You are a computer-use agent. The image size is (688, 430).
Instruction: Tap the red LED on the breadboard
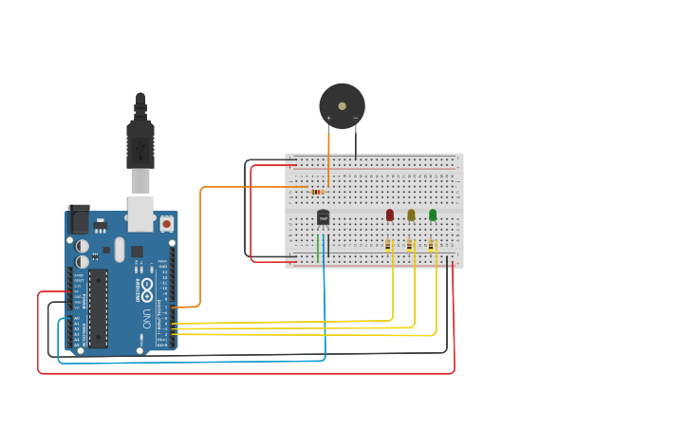point(390,215)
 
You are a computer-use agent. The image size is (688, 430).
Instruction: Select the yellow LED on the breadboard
point(411,215)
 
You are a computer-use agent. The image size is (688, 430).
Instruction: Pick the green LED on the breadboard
point(433,215)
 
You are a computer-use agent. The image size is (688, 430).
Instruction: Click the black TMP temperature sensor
point(323,218)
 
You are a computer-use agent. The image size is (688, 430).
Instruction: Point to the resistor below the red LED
point(389,245)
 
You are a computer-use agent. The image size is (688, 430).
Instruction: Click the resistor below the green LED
point(432,245)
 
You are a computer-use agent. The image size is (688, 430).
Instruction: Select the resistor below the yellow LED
point(410,245)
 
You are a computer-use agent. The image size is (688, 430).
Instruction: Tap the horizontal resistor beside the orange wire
point(316,192)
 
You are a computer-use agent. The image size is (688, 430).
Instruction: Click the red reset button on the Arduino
point(167,224)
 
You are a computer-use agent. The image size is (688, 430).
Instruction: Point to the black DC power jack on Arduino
point(78,220)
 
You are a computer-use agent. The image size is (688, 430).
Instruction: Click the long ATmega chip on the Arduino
point(99,308)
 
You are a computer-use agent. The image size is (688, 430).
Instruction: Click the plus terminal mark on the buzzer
point(329,119)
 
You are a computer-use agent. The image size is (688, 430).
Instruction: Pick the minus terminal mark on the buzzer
point(356,119)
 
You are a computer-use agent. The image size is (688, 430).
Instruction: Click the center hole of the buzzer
point(342,105)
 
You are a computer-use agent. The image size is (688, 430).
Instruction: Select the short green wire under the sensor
point(318,248)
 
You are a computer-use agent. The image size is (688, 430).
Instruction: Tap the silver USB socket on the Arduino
point(140,215)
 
